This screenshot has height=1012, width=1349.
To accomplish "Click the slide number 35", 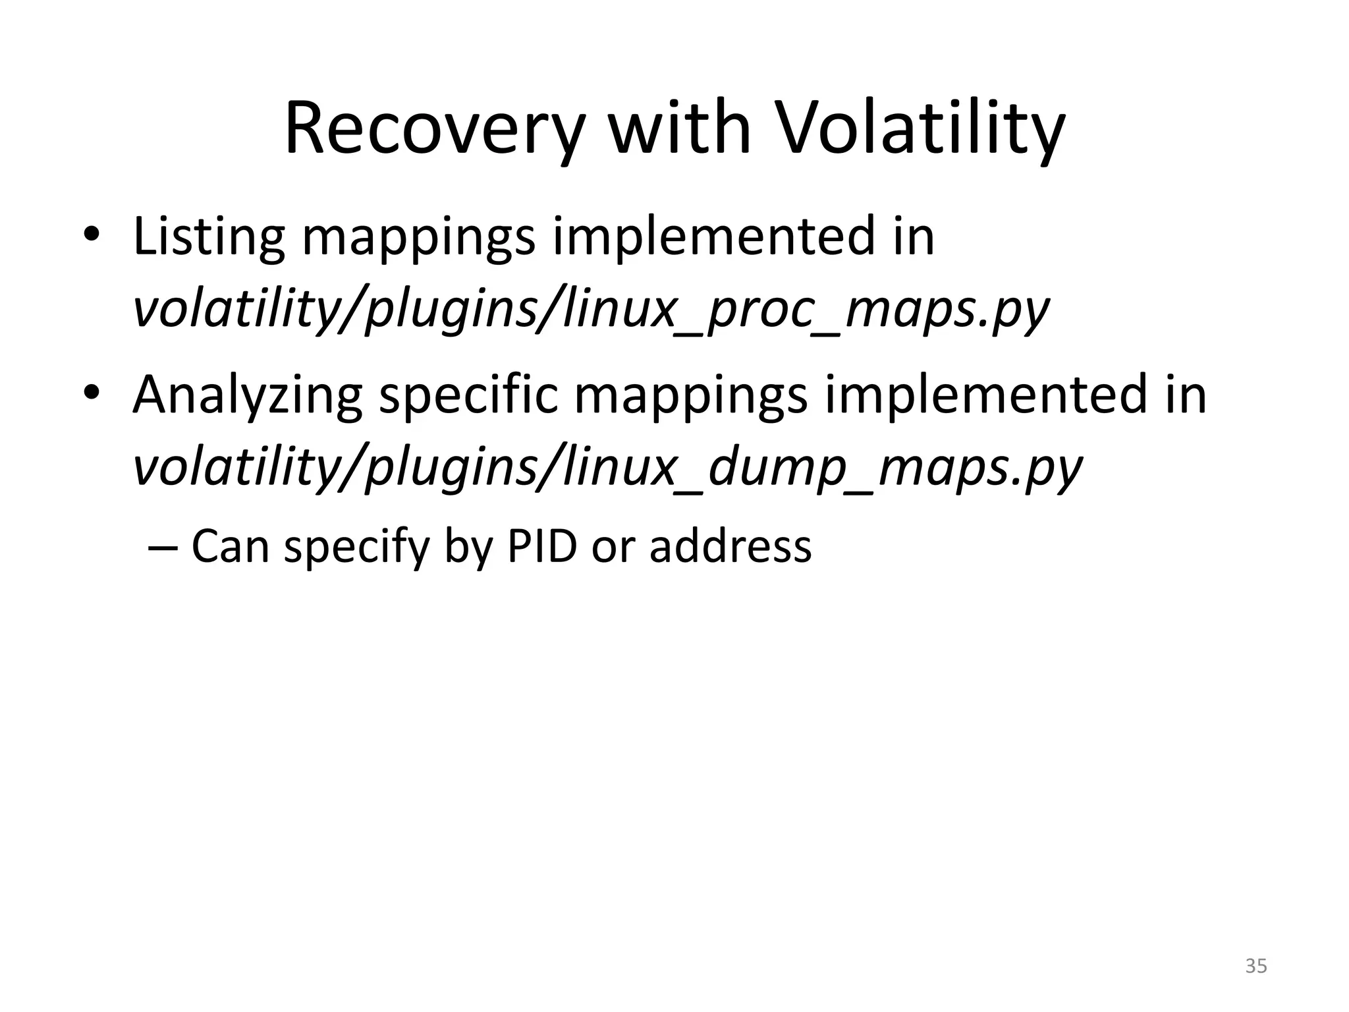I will [1255, 966].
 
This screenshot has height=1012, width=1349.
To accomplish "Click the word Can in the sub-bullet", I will [230, 546].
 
